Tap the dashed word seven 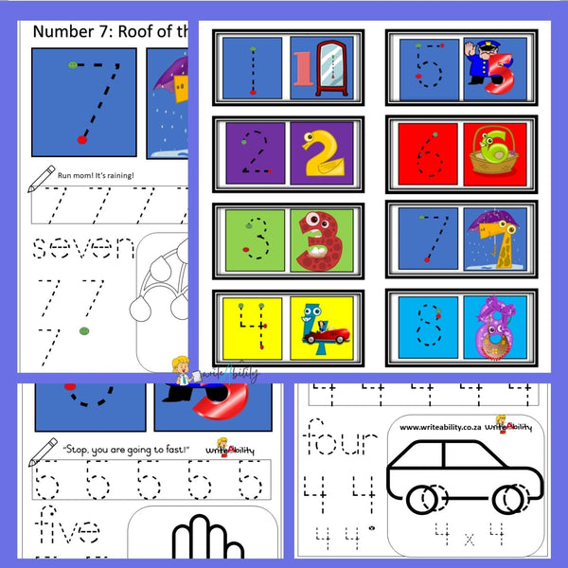pyautogui.click(x=85, y=248)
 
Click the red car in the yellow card pyautogui.click(x=319, y=336)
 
